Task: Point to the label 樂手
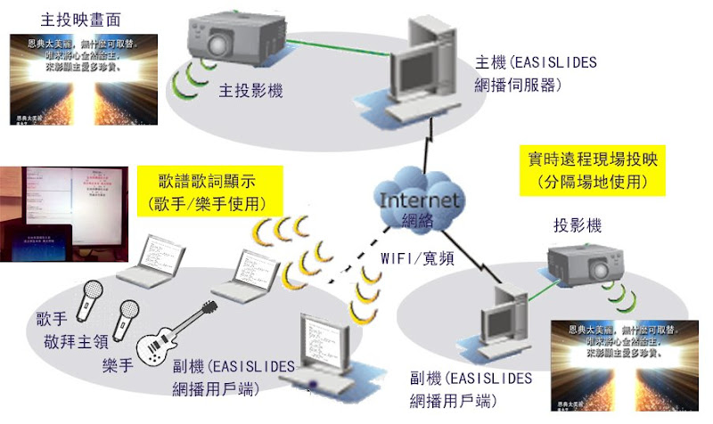[x=119, y=365]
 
